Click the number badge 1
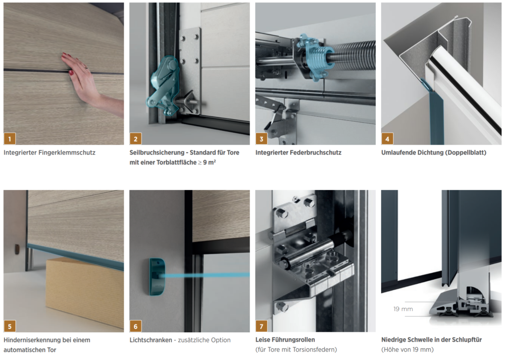pyautogui.click(x=10, y=139)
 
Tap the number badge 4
pyautogui.click(x=387, y=139)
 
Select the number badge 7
pyautogui.click(x=261, y=326)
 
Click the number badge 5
pyautogui.click(x=10, y=326)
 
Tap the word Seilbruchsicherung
pyautogui.click(x=157, y=153)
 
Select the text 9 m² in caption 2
pyautogui.click(x=209, y=162)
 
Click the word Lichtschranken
pyautogui.click(x=151, y=340)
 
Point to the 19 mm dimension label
pyautogui.click(x=403, y=309)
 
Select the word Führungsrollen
pyautogui.click(x=295, y=340)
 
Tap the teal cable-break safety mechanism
pyautogui.click(x=163, y=85)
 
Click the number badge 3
pyautogui.click(x=261, y=139)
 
